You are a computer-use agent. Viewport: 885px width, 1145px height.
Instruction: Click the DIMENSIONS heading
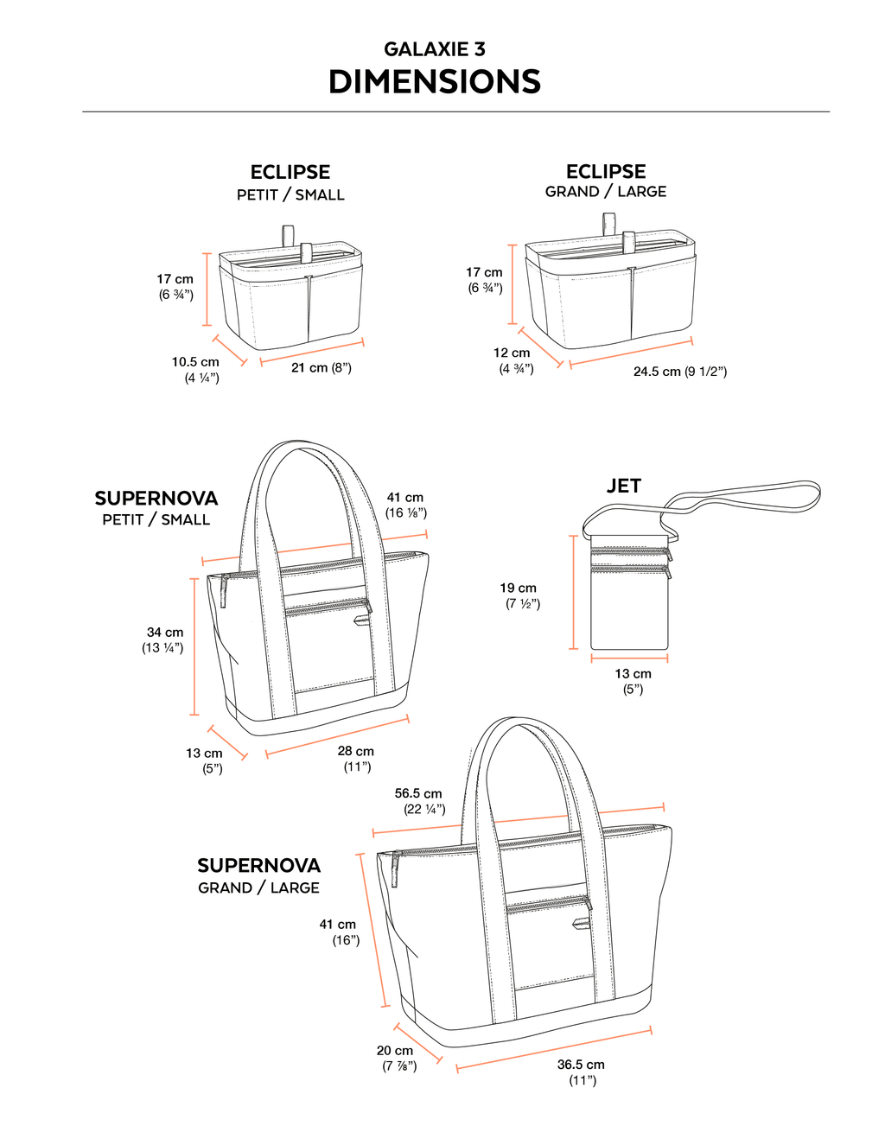435,82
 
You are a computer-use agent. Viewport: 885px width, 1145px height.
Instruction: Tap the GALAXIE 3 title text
435,49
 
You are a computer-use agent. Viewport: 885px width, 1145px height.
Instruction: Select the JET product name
624,486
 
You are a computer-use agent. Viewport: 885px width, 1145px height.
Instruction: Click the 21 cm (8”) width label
322,368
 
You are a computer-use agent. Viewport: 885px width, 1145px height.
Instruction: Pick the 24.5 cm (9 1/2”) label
680,372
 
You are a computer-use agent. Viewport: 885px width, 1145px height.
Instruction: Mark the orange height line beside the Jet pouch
574,592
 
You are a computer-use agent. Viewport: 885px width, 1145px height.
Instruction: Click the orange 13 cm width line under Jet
629,658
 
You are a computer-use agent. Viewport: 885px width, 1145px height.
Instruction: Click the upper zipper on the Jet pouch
631,552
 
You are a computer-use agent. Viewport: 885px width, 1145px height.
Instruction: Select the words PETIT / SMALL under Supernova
156,519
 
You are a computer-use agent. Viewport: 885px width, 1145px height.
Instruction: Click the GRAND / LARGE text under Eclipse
606,192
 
